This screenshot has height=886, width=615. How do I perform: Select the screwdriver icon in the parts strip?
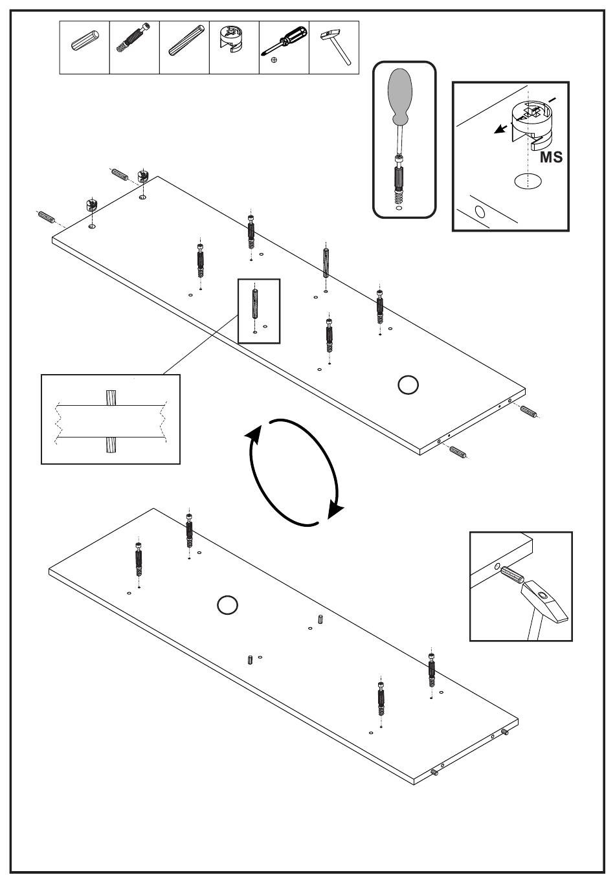coord(284,42)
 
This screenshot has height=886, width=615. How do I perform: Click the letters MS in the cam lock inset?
coord(551,157)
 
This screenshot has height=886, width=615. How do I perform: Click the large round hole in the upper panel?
coord(408,384)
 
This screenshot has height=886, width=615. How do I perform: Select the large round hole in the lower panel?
coord(227,605)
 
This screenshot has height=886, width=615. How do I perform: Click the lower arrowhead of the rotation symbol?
coord(335,511)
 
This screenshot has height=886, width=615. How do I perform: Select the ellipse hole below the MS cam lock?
coord(528,181)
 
